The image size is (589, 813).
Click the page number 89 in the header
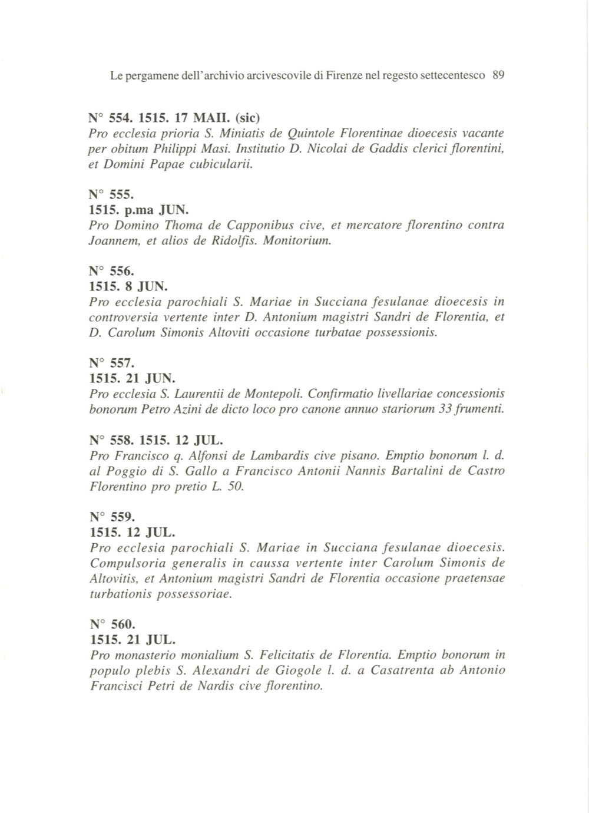pos(499,75)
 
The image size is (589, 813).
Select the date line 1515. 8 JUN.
pos(128,287)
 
